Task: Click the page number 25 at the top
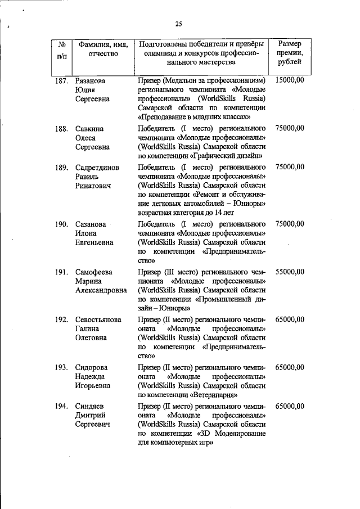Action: pos(179,24)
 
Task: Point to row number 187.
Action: pos(61,80)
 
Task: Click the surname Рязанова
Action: pos(91,80)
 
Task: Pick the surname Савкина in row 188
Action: pos(90,129)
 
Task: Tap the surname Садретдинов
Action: pos(97,167)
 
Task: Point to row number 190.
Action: pos(61,224)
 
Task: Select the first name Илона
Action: pos(87,233)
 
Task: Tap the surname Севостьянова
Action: pos(98,319)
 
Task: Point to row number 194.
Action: pos(61,406)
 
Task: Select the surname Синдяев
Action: pos(91,406)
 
